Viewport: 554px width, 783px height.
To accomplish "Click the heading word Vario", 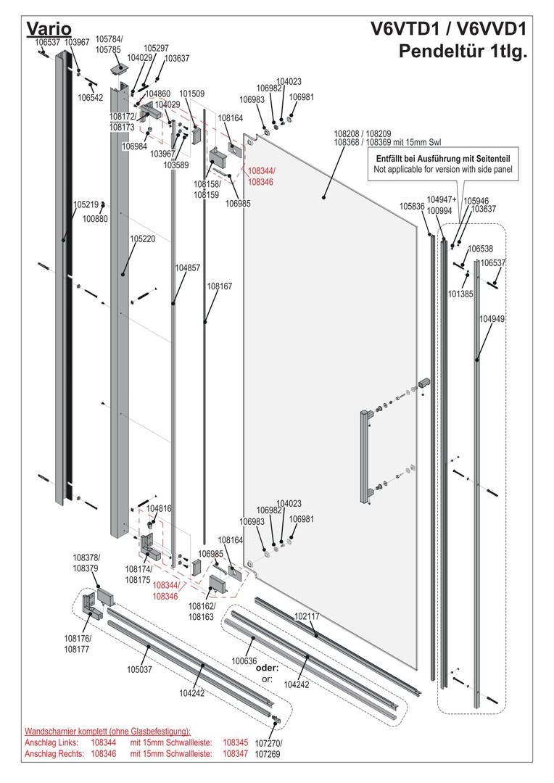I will click(48, 29).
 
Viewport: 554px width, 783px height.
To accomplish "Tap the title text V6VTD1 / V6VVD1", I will click(448, 30).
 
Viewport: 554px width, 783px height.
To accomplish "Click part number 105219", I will click(86, 205).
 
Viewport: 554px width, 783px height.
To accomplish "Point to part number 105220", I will click(143, 238).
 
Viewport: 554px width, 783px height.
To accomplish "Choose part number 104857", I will click(187, 268).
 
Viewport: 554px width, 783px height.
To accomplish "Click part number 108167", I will click(220, 286).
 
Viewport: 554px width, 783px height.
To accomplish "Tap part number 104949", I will click(492, 318).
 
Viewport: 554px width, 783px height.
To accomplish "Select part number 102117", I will click(307, 616).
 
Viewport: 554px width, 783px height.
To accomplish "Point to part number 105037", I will click(139, 669).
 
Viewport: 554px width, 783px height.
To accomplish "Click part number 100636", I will click(244, 661).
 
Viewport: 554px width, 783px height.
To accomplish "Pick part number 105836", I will click(412, 207).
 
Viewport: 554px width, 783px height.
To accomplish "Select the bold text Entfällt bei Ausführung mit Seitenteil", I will click(443, 158).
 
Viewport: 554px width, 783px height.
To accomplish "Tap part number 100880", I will click(95, 218).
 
